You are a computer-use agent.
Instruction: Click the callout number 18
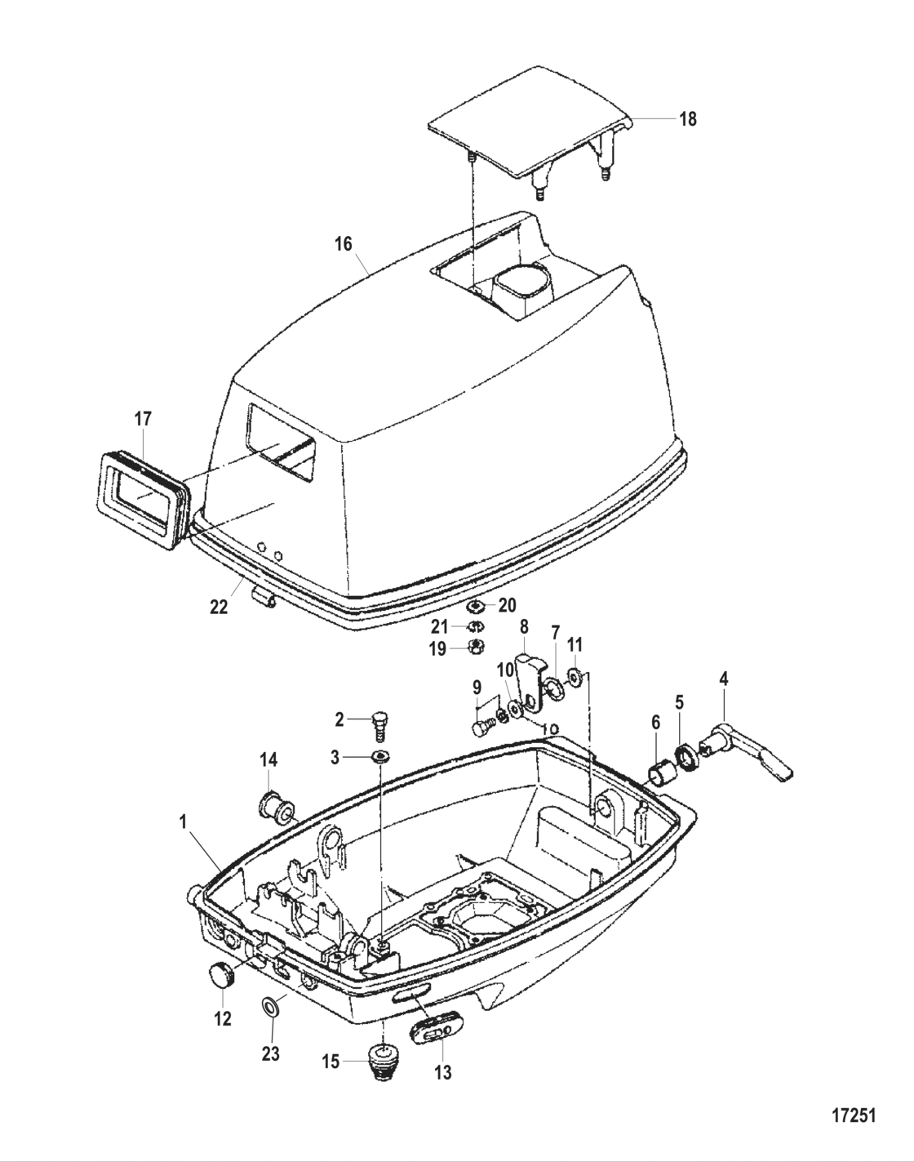pos(688,119)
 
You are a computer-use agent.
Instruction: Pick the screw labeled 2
pos(379,722)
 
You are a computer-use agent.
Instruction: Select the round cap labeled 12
pos(222,974)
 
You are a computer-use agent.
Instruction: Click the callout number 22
pos(219,608)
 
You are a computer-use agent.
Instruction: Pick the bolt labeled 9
pos(481,726)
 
